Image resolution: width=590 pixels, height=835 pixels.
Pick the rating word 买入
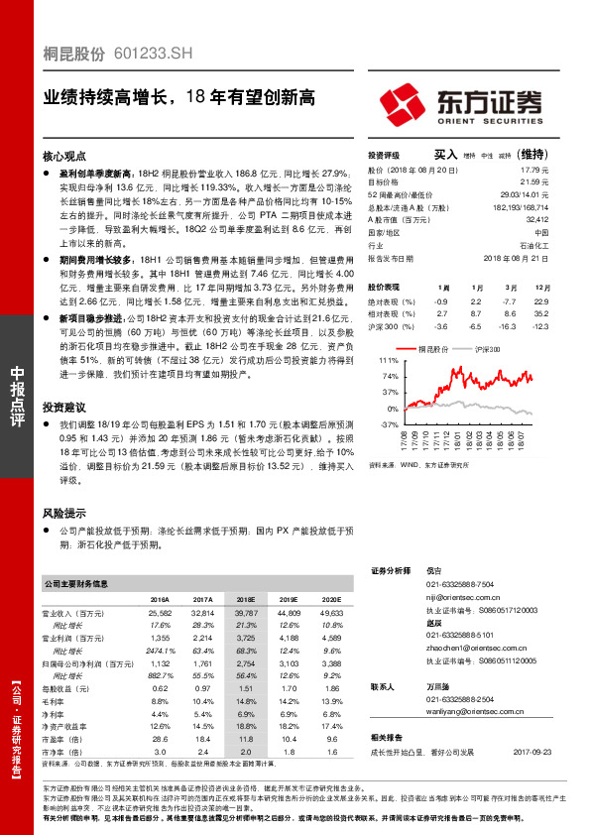(445, 155)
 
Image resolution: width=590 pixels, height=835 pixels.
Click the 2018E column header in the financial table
(246, 600)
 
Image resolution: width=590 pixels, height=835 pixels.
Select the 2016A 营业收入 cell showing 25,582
(159, 615)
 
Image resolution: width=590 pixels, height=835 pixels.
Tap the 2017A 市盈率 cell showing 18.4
(203, 739)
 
